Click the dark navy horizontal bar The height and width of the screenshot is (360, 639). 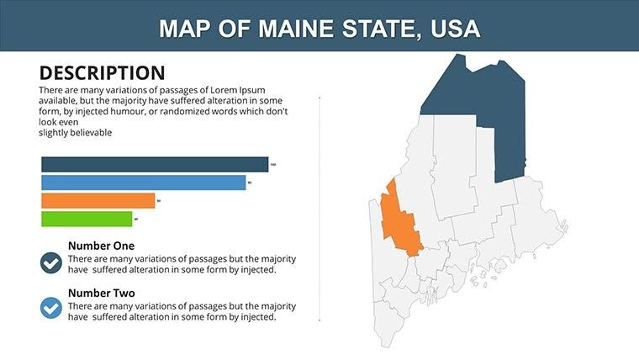[155, 165]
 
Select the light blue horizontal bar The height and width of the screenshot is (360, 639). [143, 183]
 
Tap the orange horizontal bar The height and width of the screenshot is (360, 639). [98, 201]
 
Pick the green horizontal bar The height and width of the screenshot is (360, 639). [87, 219]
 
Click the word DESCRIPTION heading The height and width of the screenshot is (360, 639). [102, 73]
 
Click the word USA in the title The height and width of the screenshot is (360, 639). [454, 29]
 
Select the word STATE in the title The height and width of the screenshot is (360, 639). [376, 29]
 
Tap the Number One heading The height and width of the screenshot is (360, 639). [102, 246]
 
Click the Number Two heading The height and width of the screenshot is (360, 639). [102, 294]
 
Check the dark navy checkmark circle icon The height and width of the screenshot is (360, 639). [51, 262]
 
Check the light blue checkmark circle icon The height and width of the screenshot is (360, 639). [51, 309]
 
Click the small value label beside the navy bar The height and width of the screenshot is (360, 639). [273, 164]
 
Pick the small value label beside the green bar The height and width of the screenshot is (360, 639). [136, 219]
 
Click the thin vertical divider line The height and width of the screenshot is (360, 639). [319, 210]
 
